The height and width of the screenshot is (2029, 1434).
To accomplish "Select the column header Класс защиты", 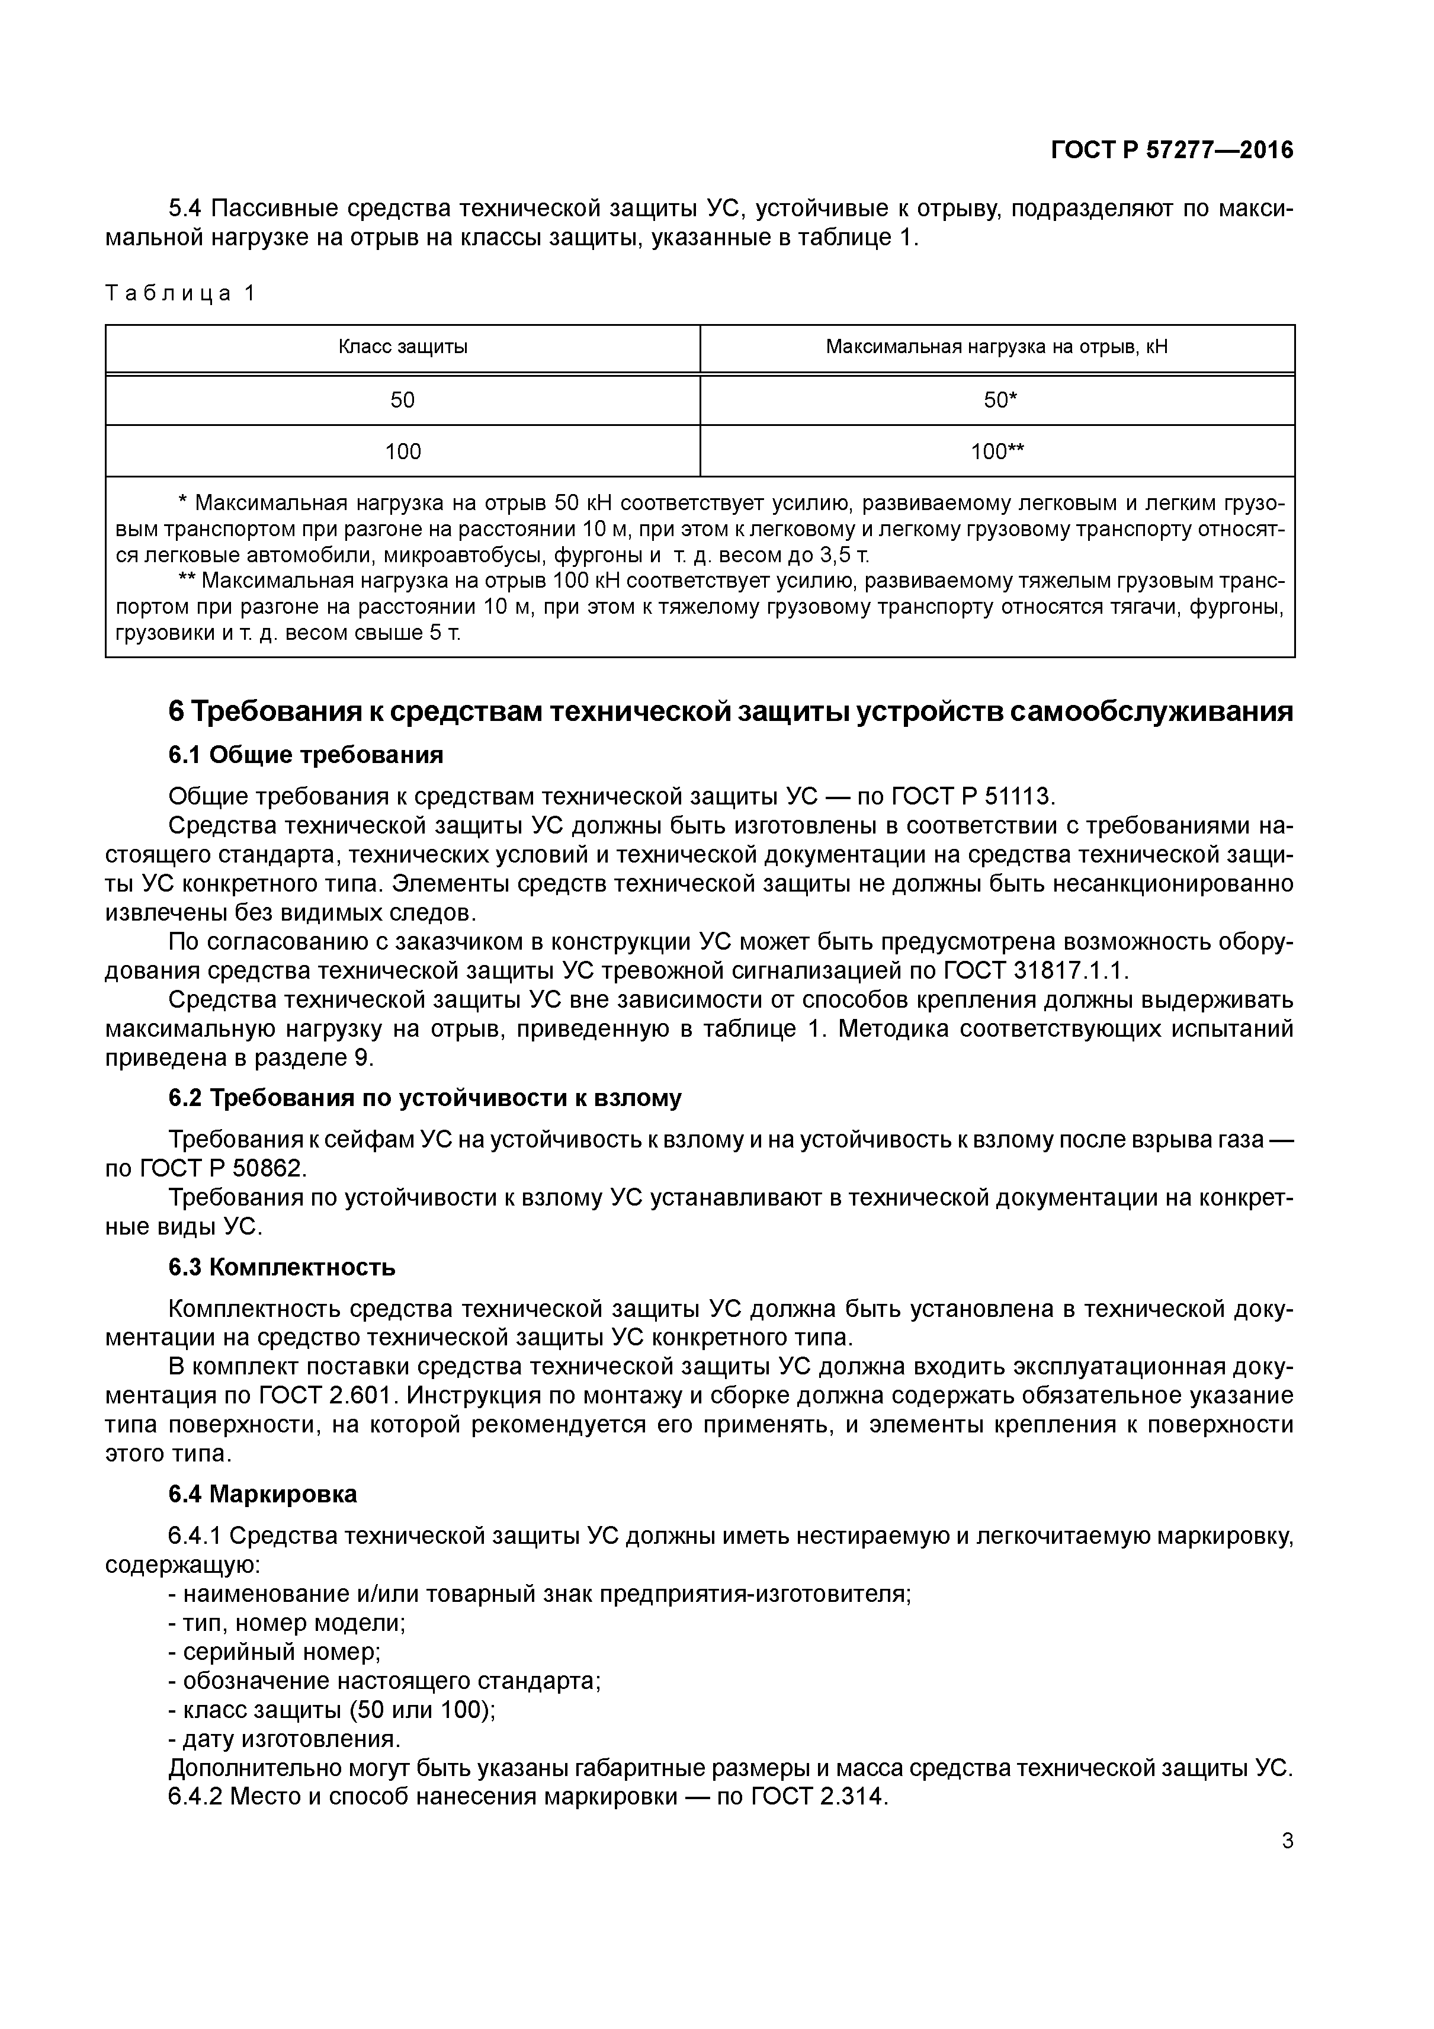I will point(403,347).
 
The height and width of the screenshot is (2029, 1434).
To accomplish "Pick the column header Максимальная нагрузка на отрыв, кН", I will point(997,347).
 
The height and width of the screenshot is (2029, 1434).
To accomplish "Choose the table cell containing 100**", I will point(997,451).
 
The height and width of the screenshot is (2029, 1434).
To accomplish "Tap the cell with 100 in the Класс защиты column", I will point(403,451).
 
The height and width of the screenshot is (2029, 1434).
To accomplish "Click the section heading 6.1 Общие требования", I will point(306,755).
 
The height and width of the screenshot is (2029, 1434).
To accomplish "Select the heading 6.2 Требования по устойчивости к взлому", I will point(425,1098).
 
